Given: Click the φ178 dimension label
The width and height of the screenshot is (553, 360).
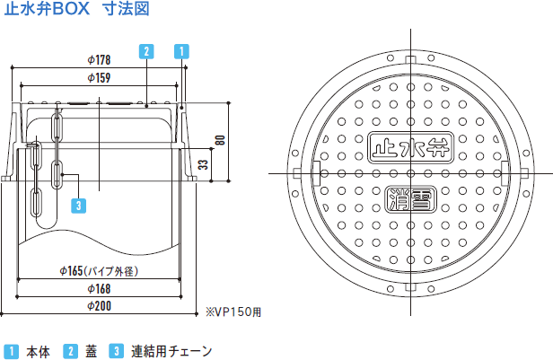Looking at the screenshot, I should click(x=100, y=60).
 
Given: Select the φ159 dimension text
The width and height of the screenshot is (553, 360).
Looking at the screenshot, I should click(x=100, y=78).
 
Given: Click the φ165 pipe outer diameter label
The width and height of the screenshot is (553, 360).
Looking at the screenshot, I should click(x=99, y=270).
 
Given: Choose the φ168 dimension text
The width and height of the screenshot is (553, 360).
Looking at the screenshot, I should click(x=99, y=288).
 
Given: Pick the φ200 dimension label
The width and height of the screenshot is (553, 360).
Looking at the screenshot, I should click(x=99, y=305).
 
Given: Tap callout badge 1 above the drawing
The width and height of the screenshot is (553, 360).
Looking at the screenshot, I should click(x=181, y=50).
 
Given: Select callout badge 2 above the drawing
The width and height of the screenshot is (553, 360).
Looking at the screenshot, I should click(x=146, y=50).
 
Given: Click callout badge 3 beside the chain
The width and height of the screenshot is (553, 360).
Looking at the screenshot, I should click(x=79, y=206).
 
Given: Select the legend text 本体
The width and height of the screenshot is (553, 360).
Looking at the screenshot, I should click(x=38, y=350).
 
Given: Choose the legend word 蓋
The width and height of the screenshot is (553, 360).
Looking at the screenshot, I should click(x=91, y=350).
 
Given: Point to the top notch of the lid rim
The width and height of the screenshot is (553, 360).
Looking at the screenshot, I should click(x=410, y=59).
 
